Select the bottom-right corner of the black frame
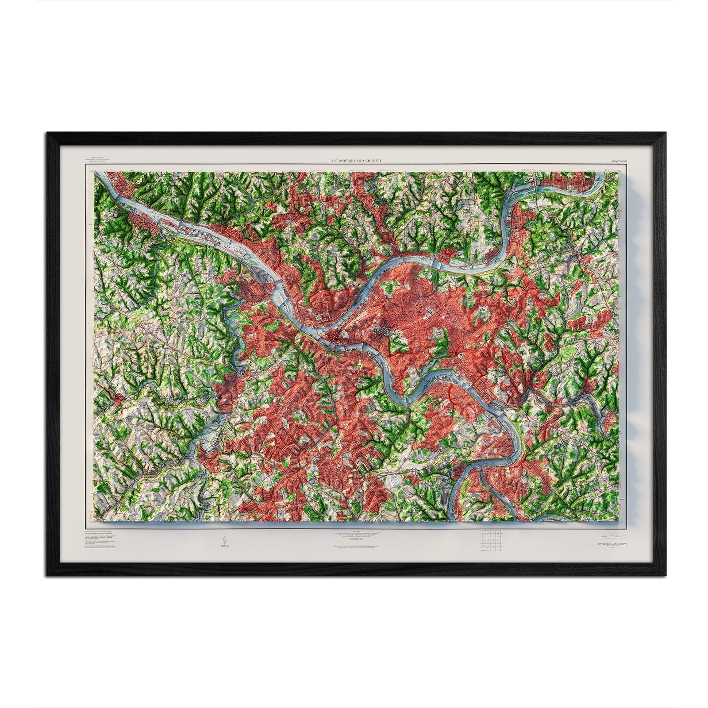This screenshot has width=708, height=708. pos(661,576)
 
